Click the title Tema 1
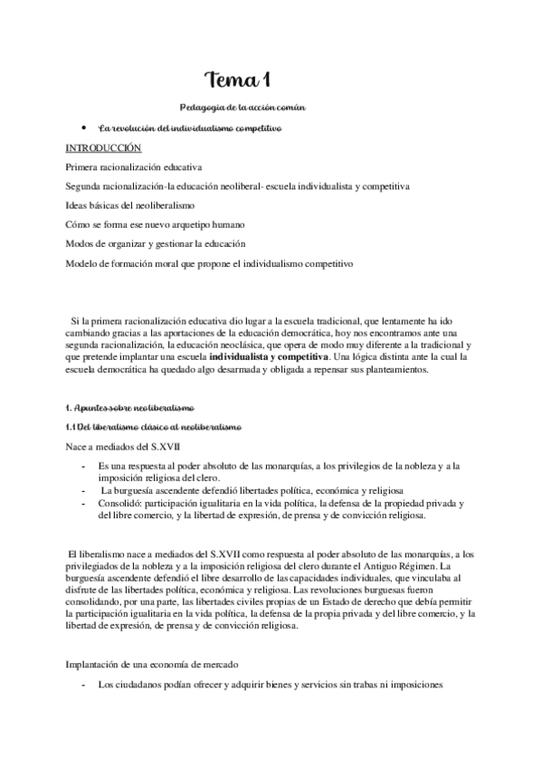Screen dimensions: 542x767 click(238, 80)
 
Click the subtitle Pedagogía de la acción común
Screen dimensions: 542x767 click(243, 108)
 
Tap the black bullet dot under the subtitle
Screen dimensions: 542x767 click(82, 128)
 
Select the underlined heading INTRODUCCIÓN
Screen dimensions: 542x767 click(104, 147)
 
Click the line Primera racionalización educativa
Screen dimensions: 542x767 click(134, 166)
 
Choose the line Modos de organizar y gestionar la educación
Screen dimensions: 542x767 click(162, 244)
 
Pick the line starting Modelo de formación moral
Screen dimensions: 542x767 click(210, 263)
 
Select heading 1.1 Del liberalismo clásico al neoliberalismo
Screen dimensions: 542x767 click(153, 427)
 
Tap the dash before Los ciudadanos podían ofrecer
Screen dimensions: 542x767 click(83, 685)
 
